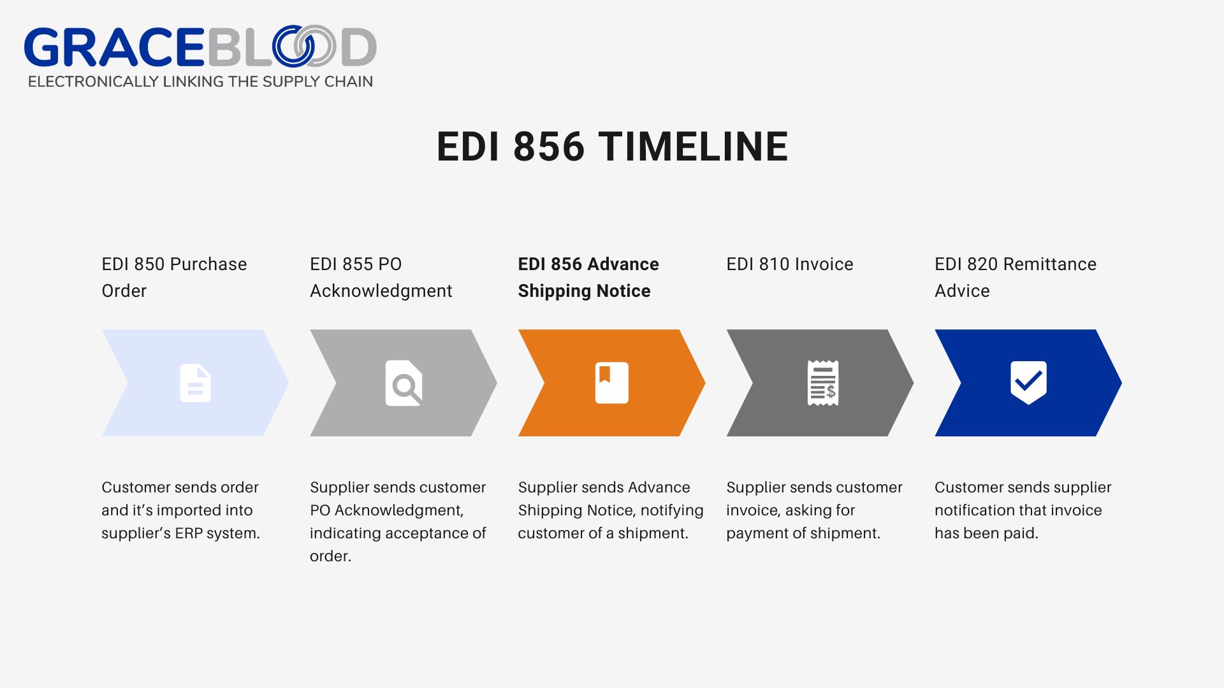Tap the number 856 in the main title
point(548,147)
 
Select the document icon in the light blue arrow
point(195,383)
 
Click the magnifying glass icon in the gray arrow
point(404,383)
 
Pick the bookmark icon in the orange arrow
point(611,383)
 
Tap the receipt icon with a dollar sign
point(822,383)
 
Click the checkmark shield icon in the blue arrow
point(1028,382)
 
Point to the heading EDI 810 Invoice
point(789,264)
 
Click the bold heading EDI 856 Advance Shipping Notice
point(588,277)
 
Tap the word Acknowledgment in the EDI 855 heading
point(381,291)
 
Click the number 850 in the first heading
point(149,264)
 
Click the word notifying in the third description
point(672,510)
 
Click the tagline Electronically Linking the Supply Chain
point(200,82)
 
